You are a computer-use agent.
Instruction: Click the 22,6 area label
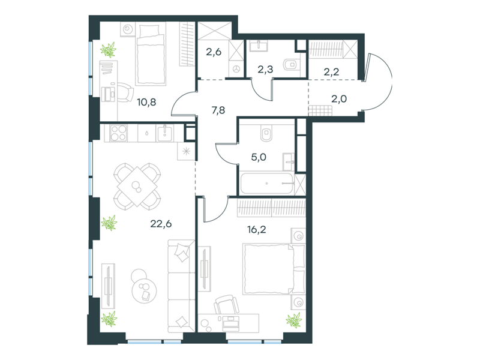[x=161, y=224]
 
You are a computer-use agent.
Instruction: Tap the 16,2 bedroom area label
[x=257, y=229]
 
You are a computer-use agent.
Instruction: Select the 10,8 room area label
[x=146, y=102]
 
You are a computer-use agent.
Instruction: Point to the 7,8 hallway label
[x=218, y=110]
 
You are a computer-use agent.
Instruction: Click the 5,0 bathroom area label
[x=259, y=157]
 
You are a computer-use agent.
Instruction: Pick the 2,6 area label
[x=214, y=52]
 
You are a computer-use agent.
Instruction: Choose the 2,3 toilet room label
[x=265, y=69]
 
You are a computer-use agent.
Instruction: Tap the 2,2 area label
[x=331, y=71]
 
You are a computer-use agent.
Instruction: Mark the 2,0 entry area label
[x=339, y=98]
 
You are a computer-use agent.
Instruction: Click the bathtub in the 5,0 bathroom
[x=266, y=184]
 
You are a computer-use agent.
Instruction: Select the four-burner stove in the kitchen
[x=118, y=133]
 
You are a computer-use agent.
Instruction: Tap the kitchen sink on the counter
[x=165, y=133]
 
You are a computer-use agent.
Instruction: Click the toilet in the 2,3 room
[x=291, y=65]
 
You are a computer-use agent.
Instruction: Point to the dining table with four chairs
[x=137, y=187]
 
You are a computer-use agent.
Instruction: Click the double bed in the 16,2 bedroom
[x=274, y=269]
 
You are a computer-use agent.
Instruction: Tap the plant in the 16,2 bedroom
[x=294, y=321]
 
